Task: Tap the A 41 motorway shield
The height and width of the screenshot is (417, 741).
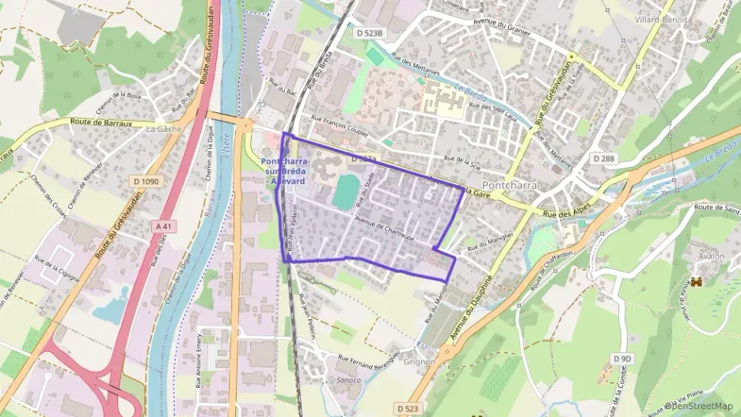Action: coord(163,226)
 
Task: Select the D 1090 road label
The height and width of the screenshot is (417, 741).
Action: coord(146,181)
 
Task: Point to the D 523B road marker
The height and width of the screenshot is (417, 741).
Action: coord(369,33)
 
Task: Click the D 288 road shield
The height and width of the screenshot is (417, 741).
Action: coord(604,159)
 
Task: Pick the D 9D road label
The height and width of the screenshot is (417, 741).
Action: coord(623,358)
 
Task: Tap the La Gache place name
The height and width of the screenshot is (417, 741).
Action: coord(164,128)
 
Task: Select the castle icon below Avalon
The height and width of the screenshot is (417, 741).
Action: coord(697,282)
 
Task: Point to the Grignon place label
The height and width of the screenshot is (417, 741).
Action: coord(420,362)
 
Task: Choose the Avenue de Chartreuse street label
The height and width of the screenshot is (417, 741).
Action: coord(385,229)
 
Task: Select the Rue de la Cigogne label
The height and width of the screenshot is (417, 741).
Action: coord(58,261)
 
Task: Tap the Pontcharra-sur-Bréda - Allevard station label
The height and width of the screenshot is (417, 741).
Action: coord(286,171)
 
